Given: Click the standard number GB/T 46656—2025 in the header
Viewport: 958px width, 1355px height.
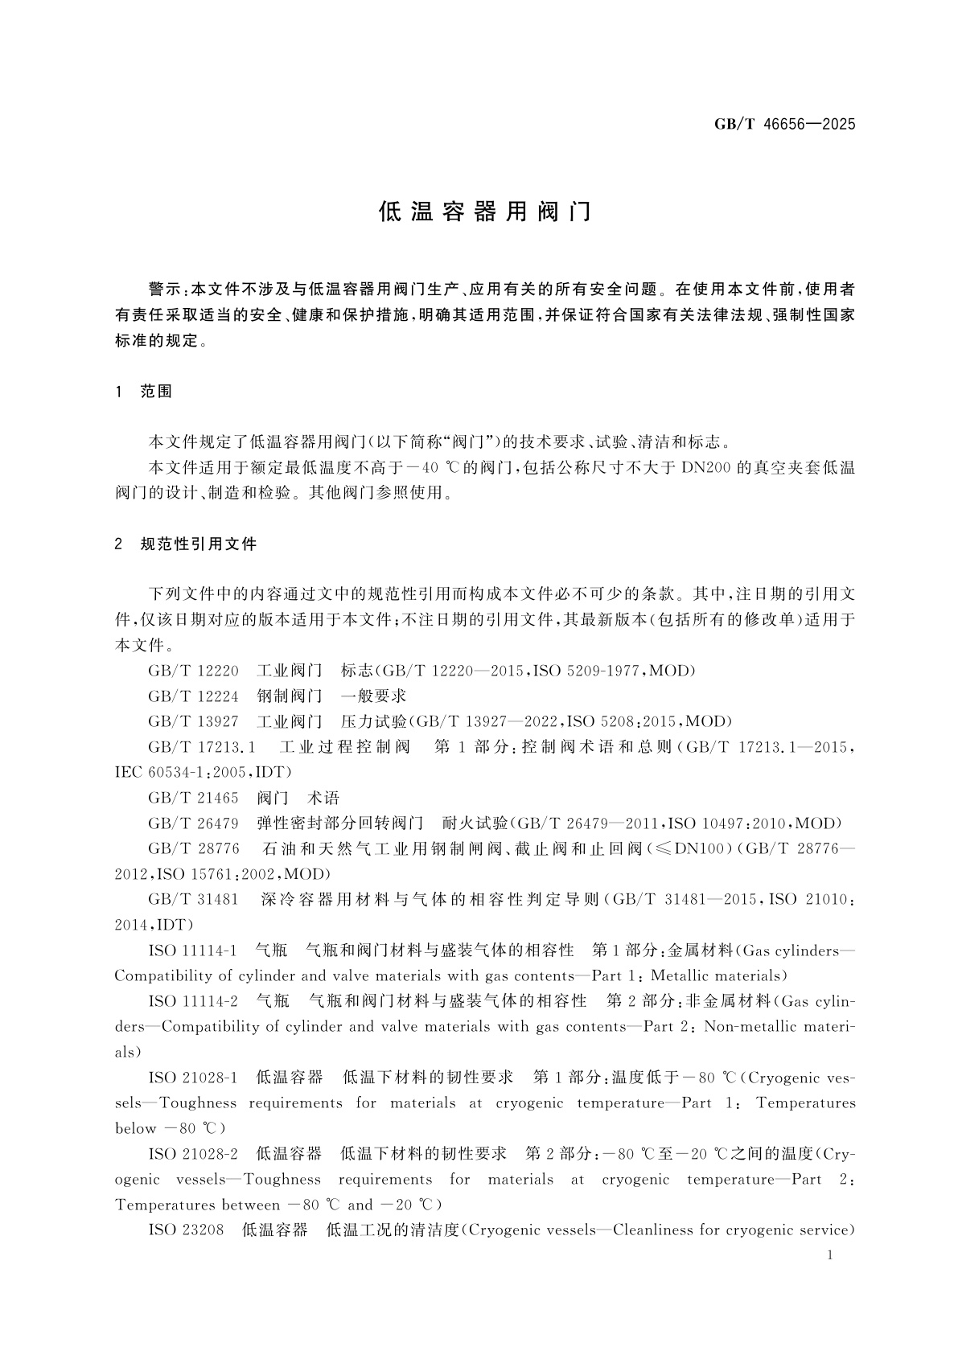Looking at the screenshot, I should tap(784, 124).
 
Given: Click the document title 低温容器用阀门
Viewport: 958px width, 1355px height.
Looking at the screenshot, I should tap(485, 211).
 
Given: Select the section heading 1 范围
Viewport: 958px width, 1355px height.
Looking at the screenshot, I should tap(145, 392).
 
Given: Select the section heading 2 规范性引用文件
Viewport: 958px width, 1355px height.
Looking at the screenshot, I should tap(186, 544).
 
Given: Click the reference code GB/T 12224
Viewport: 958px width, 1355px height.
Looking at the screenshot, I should tap(193, 696).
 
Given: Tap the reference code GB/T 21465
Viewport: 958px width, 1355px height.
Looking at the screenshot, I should tap(193, 798).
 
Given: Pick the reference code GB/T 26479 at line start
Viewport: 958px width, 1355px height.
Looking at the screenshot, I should tap(193, 823).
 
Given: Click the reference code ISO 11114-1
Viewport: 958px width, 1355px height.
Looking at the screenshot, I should tap(192, 951).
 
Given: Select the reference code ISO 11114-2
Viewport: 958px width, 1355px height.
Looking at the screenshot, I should tap(193, 1001).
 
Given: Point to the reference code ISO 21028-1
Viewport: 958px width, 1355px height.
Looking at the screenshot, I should tap(193, 1078).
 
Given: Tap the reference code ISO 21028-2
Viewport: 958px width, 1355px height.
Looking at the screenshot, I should tap(193, 1154).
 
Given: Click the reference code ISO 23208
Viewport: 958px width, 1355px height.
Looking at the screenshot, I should tap(186, 1230).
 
